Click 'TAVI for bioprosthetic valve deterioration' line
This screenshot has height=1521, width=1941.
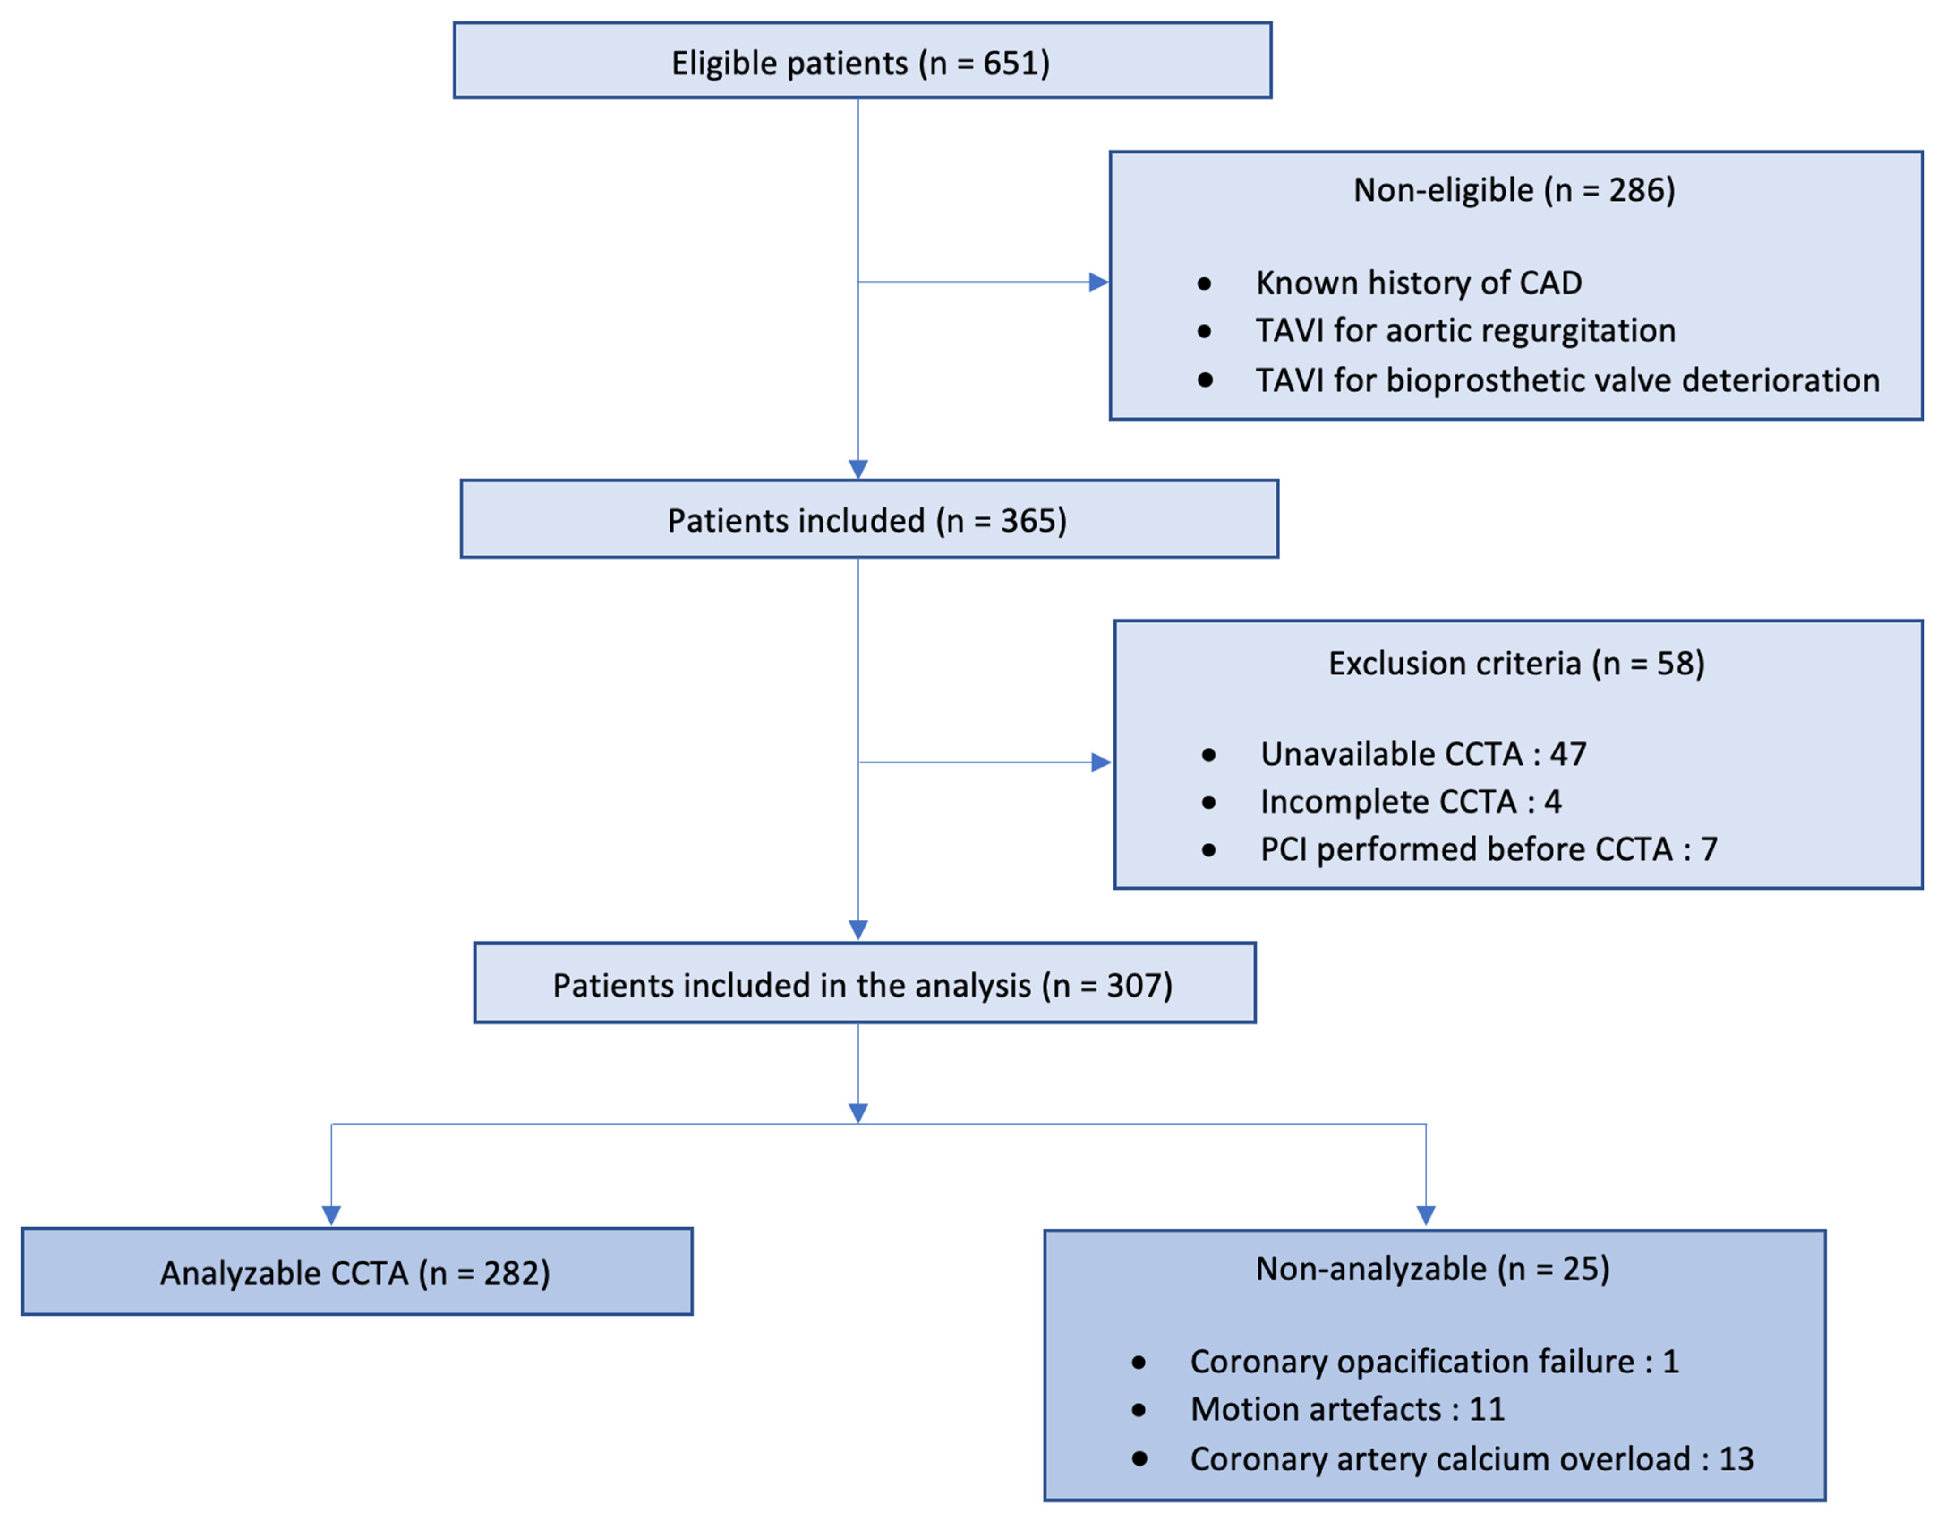pyautogui.click(x=1567, y=380)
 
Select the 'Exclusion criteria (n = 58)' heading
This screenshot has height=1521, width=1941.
pyautogui.click(x=1516, y=664)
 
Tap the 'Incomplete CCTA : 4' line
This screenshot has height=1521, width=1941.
pyautogui.click(x=1410, y=801)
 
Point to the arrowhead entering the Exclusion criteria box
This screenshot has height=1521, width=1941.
pyautogui.click(x=1101, y=762)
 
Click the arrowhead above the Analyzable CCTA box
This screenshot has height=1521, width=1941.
pyautogui.click(x=331, y=1214)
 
